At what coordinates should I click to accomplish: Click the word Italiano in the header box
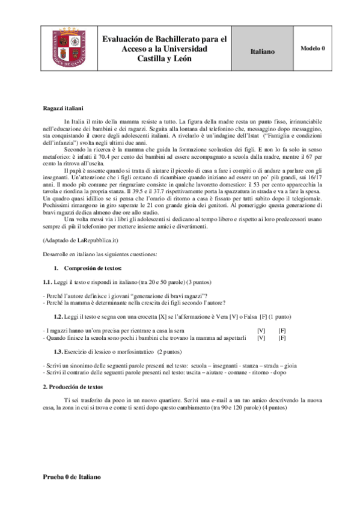pyautogui.click(x=262, y=52)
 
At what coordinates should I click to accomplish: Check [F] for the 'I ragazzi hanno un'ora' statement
pyautogui.click(x=282, y=330)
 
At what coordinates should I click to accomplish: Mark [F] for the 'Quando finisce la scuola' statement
pyautogui.click(x=282, y=338)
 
